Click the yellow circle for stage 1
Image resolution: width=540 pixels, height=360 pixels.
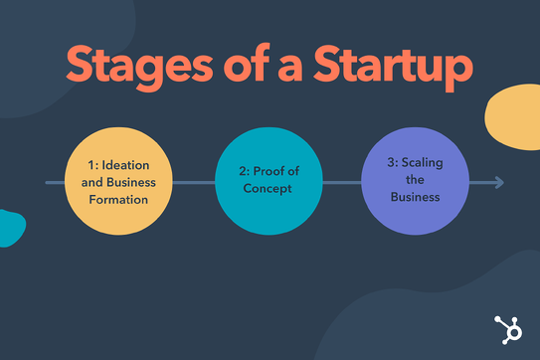[x=118, y=182]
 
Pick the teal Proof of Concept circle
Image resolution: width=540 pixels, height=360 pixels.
[x=270, y=182]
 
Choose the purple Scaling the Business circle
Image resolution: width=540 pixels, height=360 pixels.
[x=414, y=181]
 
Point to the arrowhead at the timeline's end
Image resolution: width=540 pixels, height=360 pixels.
[x=498, y=182]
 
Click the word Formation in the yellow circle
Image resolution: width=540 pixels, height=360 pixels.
[x=118, y=199]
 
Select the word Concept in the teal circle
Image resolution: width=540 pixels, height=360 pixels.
[x=270, y=189]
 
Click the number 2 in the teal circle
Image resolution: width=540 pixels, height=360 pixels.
[x=244, y=172]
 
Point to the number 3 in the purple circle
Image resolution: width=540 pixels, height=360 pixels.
[x=392, y=162]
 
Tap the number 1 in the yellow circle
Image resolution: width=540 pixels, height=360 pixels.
[x=90, y=164]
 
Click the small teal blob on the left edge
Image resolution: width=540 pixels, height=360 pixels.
[x=9, y=229]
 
